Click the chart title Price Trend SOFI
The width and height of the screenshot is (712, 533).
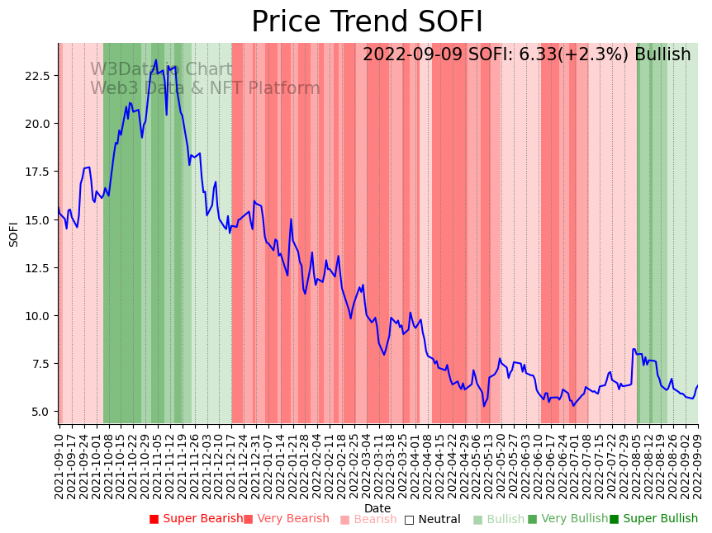[x=367, y=22]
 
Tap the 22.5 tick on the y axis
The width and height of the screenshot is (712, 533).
[x=40, y=76]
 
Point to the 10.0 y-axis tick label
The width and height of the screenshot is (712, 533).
[x=40, y=316]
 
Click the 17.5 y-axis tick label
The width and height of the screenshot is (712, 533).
[x=40, y=172]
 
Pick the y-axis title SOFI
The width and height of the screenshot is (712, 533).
[x=14, y=233]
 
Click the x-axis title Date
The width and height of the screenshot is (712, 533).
[x=377, y=508]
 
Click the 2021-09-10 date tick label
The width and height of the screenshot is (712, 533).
[x=59, y=463]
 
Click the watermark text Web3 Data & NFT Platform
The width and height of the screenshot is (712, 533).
[x=205, y=88]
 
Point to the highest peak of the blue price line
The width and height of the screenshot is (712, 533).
[x=156, y=59]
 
